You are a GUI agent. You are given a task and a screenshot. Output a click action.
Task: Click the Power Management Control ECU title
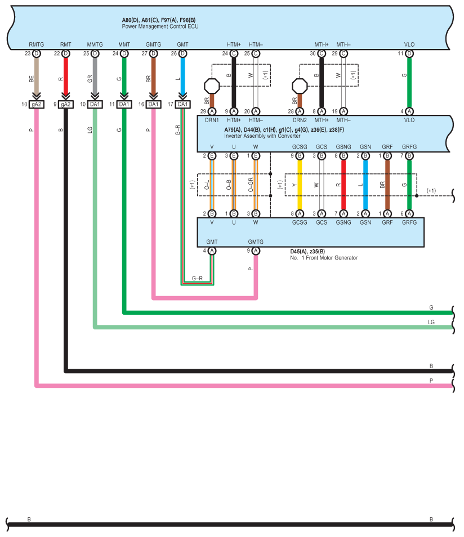160,26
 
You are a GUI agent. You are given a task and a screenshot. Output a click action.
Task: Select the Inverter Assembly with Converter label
262,136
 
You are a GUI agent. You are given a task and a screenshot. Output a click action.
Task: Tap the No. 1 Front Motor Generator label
324,258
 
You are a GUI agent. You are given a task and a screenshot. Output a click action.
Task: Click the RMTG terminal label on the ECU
37,44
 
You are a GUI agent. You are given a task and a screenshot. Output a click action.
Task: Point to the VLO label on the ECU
409,44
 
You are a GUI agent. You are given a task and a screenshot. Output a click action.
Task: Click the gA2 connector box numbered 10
37,104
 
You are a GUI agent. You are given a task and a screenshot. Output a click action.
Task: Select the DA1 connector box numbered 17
182,104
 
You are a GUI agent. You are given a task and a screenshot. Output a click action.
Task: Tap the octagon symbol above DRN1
212,86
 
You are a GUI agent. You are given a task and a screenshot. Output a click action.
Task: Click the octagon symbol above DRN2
300,86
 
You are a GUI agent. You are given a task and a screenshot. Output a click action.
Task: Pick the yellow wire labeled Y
300,185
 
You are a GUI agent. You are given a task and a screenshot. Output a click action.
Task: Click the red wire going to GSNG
343,185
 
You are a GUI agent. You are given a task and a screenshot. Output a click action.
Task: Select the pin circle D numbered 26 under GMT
182,53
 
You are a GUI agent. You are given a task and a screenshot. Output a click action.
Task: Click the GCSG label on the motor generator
300,222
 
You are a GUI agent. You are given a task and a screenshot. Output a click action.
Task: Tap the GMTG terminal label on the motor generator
256,242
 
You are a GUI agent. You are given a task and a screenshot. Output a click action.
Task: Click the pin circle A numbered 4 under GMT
212,250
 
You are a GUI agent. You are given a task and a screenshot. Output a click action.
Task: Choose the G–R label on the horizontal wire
197,279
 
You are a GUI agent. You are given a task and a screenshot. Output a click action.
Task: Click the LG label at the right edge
431,323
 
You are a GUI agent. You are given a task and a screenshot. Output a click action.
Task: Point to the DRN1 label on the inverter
212,120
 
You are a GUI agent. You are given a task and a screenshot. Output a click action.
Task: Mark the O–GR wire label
251,185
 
